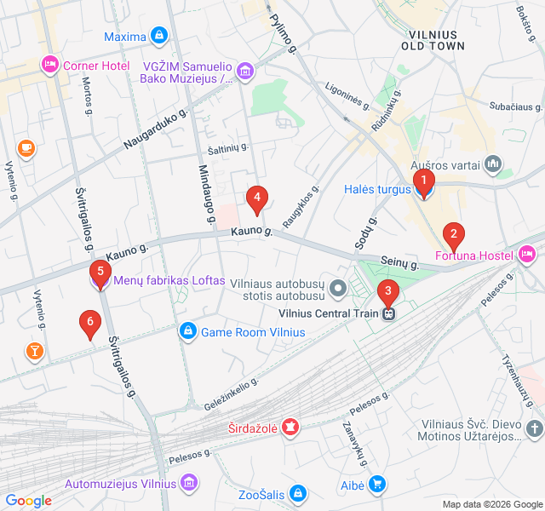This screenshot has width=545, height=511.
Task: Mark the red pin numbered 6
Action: point(89,323)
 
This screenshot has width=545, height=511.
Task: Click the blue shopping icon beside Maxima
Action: point(158,36)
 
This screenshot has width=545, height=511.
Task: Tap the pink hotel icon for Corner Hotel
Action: point(49,65)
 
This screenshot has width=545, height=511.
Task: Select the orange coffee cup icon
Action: point(26,148)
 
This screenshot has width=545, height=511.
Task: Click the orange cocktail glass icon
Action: point(34,351)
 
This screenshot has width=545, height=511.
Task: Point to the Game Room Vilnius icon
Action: point(187,330)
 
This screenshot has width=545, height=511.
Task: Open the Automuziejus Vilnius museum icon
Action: point(189,483)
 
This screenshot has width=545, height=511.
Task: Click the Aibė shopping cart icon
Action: point(377,484)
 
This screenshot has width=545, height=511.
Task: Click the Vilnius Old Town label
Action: point(437,39)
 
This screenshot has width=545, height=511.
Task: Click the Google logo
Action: point(28,501)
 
